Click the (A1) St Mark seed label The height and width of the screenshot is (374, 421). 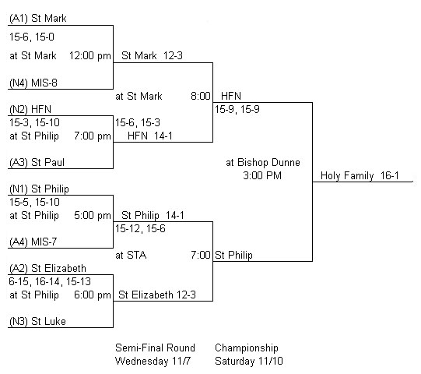pyautogui.click(x=38, y=18)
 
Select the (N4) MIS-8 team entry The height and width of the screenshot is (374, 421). pyautogui.click(x=33, y=83)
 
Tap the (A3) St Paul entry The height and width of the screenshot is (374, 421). pyautogui.click(x=37, y=162)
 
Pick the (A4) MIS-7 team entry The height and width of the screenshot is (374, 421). pyautogui.click(x=33, y=242)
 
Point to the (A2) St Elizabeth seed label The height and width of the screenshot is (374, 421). pyautogui.click(x=47, y=268)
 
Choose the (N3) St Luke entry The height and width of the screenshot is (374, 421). pyautogui.click(x=37, y=321)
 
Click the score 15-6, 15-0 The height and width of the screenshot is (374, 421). pyautogui.click(x=32, y=37)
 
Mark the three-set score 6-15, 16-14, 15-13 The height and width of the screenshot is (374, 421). pyautogui.click(x=50, y=281)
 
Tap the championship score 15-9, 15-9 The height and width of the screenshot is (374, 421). pyautogui.click(x=237, y=109)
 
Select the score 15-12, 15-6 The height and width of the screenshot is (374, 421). pyautogui.click(x=140, y=229)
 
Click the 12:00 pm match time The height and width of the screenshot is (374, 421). pyautogui.click(x=90, y=56)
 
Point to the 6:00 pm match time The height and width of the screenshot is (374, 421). pyautogui.click(x=93, y=295)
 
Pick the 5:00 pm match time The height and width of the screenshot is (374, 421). pyautogui.click(x=93, y=216)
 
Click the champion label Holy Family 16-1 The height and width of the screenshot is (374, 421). pyautogui.click(x=360, y=176)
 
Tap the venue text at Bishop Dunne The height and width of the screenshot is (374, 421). pyautogui.click(x=263, y=162)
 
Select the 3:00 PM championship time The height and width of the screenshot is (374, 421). pyautogui.click(x=262, y=175)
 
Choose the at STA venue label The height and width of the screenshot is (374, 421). pyautogui.click(x=131, y=255)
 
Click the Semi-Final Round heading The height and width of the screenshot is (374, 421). pyautogui.click(x=155, y=348)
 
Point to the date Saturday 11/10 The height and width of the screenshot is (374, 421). pyautogui.click(x=249, y=361)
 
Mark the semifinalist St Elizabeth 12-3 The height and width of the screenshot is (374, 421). pyautogui.click(x=157, y=295)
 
